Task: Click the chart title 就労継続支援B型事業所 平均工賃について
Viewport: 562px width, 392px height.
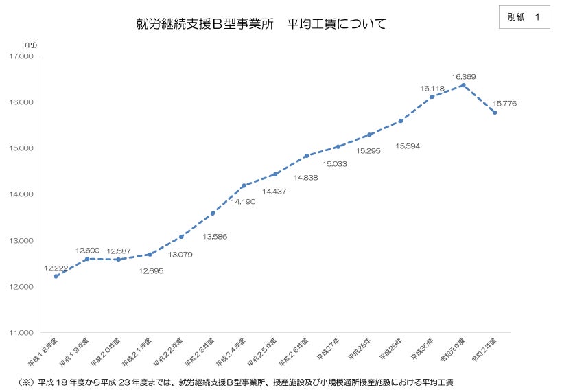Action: pos(261,25)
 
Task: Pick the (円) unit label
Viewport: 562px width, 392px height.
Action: pos(31,45)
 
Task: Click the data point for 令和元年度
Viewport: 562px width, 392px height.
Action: pos(463,85)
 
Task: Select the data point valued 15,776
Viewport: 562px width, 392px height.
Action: pos(494,113)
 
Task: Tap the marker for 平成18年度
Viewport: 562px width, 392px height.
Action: pos(56,276)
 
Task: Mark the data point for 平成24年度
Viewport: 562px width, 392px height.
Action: pos(244,185)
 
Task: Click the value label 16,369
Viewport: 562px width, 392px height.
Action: pos(464,76)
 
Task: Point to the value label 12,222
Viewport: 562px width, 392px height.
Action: pos(56,267)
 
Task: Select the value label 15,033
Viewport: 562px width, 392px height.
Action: pos(334,164)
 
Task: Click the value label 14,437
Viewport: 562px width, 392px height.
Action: pos(274,191)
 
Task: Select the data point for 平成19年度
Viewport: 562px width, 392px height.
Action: pos(86,258)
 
